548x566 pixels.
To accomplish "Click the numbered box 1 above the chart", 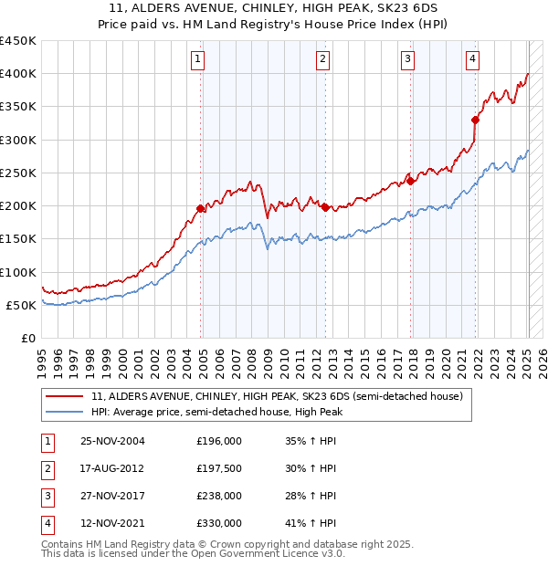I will pos(198,60).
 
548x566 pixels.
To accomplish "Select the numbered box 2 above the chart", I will pos(322,60).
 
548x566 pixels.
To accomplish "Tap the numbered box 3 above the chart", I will pos(407,60).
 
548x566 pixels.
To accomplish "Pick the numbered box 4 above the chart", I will pos(472,60).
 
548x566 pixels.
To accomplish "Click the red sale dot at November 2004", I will pos(201,208).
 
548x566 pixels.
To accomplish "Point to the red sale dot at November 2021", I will pos(476,120).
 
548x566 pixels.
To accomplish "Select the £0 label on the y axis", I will pos(27,338).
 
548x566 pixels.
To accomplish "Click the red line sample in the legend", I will pos(65,396).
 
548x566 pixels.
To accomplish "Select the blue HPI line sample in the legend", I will pos(65,413).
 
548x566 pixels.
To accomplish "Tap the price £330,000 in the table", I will pos(219,523).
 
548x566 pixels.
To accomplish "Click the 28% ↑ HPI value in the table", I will pos(311,496).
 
